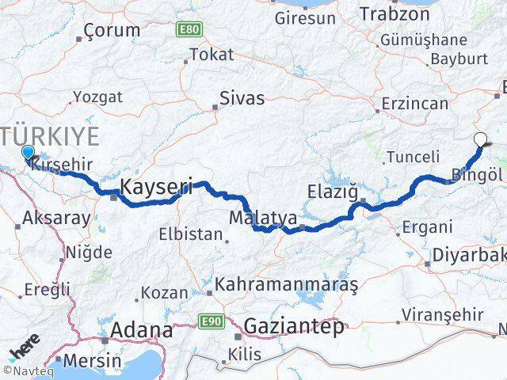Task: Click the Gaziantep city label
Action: [294, 325]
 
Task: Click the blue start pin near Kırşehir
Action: [28, 154]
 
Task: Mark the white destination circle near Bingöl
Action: [480, 141]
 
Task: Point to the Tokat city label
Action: [212, 55]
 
